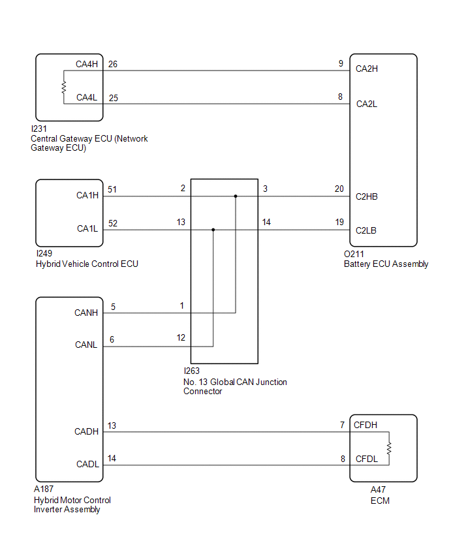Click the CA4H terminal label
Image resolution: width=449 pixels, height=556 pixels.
click(87, 64)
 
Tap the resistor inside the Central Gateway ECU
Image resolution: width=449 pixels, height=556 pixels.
click(64, 87)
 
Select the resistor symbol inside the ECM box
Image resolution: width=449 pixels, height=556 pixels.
click(389, 448)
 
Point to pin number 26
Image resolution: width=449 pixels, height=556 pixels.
click(113, 64)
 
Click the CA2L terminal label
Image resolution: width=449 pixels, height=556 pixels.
click(367, 104)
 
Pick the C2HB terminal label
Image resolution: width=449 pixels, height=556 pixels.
click(367, 196)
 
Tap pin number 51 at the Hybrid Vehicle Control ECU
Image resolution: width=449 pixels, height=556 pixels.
click(112, 189)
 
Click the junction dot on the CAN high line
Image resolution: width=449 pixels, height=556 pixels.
click(236, 196)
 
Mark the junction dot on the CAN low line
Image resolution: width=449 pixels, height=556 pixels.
click(213, 230)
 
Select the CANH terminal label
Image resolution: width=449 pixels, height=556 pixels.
click(86, 313)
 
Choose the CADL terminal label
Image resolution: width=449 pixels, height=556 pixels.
click(87, 464)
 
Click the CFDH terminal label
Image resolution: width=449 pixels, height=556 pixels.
click(365, 425)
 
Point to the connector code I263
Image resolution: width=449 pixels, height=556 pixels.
click(191, 371)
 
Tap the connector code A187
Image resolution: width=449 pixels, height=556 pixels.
click(44, 489)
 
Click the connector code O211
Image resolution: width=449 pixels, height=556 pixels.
click(354, 254)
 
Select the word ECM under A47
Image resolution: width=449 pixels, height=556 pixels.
click(380, 501)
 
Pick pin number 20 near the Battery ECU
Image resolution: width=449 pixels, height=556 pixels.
click(339, 189)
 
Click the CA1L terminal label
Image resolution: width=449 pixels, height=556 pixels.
click(87, 228)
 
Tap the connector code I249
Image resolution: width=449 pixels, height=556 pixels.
click(44, 254)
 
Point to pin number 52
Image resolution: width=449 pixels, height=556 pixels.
click(113, 223)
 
